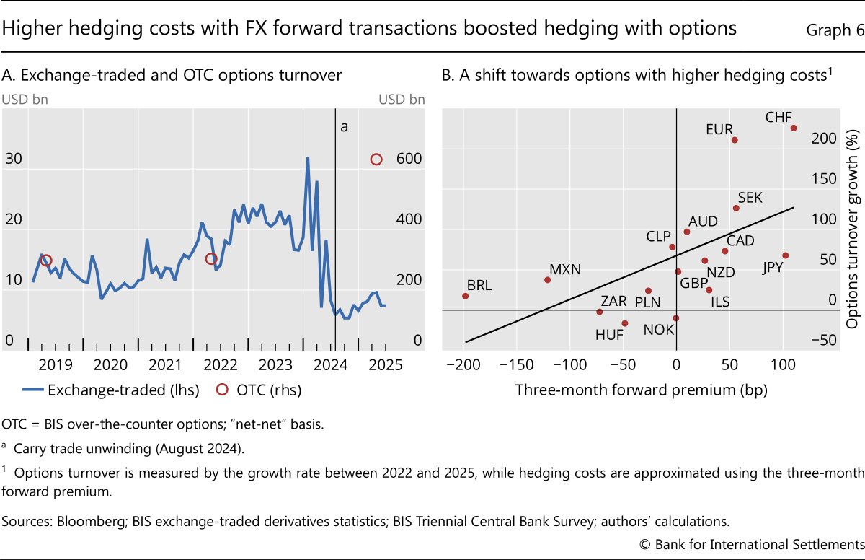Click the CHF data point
[x=794, y=128]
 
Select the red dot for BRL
[x=465, y=296]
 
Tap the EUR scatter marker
[x=735, y=140]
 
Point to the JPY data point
[x=785, y=255]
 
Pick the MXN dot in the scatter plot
[x=547, y=280]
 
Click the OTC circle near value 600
[x=376, y=159]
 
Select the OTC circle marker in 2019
[x=46, y=261]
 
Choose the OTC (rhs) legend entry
[x=258, y=390]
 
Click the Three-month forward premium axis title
[x=641, y=390]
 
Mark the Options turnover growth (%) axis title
[x=855, y=224]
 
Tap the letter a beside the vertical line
[x=344, y=127]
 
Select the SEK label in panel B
[x=750, y=198]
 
